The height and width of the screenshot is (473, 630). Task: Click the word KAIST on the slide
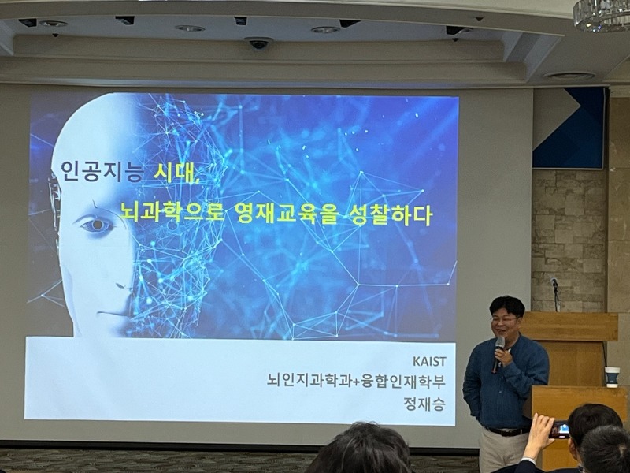(x=429, y=361)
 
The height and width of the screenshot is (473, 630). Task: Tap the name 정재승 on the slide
(x=424, y=404)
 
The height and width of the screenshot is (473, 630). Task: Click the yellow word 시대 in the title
(x=176, y=172)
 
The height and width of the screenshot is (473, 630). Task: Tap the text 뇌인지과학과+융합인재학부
(x=357, y=381)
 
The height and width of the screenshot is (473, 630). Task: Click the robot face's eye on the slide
(x=96, y=225)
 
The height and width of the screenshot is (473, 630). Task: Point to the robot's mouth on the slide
(x=110, y=313)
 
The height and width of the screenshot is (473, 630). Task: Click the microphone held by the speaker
(x=498, y=353)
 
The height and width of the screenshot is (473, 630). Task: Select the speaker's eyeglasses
(x=502, y=320)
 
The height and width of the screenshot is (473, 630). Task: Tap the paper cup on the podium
(x=612, y=377)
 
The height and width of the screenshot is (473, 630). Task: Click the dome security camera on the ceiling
(x=258, y=43)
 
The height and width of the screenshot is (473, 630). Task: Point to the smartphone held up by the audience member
(x=559, y=430)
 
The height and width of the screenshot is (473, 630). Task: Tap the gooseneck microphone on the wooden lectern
(x=555, y=294)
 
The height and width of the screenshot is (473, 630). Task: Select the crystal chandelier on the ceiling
(x=602, y=14)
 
